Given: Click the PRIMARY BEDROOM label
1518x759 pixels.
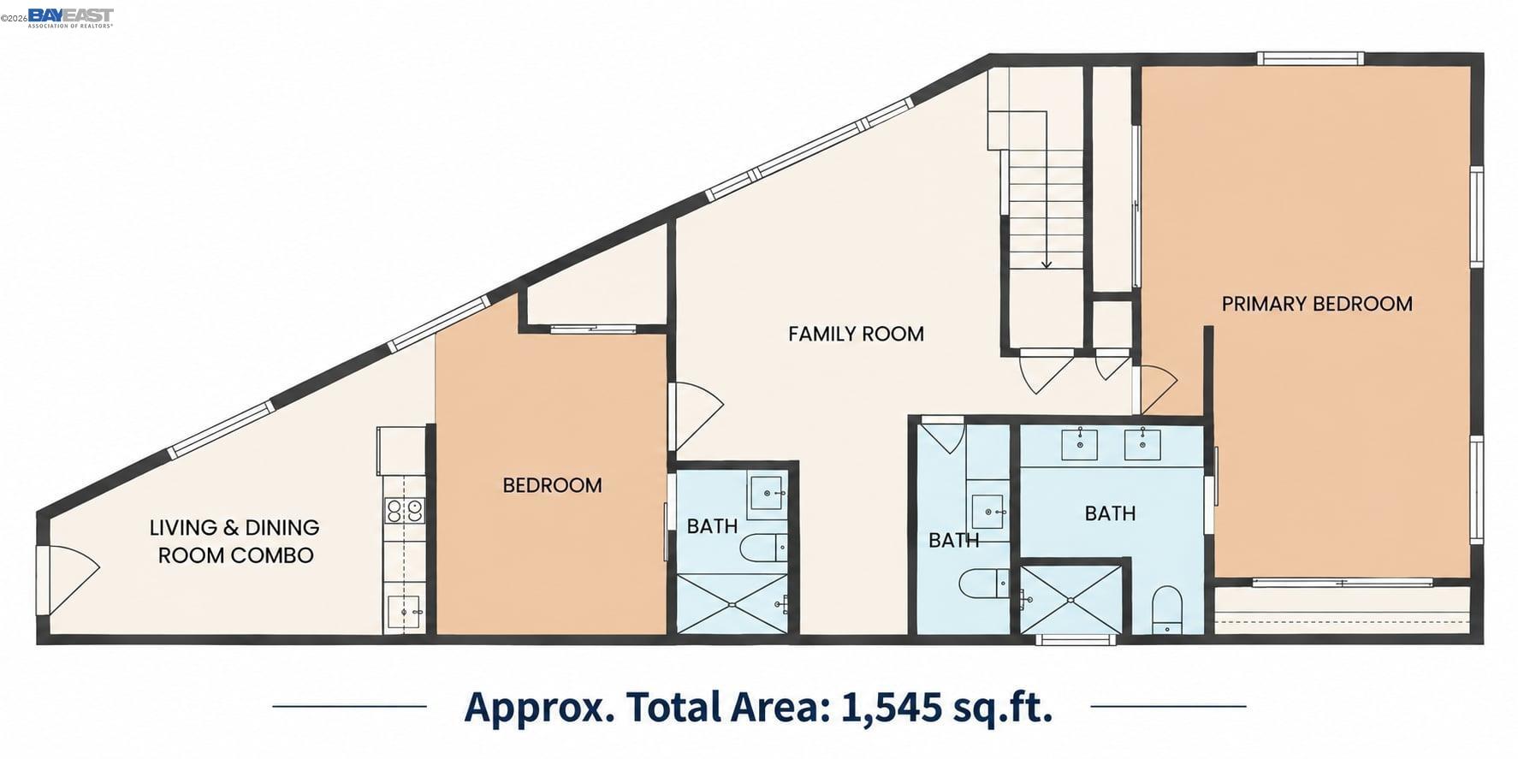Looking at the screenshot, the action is tap(1316, 304).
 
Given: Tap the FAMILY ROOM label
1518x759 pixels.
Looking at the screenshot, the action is tap(856, 334).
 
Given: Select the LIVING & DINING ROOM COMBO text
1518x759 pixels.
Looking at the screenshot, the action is tap(234, 541).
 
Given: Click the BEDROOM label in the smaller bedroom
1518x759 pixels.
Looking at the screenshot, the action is tap(552, 485).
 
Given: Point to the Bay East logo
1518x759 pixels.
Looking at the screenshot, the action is tap(70, 16).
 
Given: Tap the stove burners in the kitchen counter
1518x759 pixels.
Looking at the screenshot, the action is tap(405, 511).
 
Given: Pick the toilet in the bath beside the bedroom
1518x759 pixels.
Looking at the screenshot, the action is tap(763, 548).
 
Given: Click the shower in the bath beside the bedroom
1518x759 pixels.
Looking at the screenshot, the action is tap(732, 603).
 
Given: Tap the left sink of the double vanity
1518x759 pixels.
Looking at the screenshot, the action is tap(1080, 444).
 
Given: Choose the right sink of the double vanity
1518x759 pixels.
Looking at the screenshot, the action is tap(1142, 444).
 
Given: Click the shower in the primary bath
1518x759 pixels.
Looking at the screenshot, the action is tap(1070, 599).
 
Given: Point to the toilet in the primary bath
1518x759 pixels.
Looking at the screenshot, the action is tap(1167, 610).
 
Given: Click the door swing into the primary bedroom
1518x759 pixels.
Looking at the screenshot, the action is tap(1155, 389).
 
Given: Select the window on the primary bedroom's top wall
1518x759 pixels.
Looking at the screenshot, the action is tap(1310, 59).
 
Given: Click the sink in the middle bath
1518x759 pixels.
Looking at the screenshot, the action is tap(987, 512).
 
